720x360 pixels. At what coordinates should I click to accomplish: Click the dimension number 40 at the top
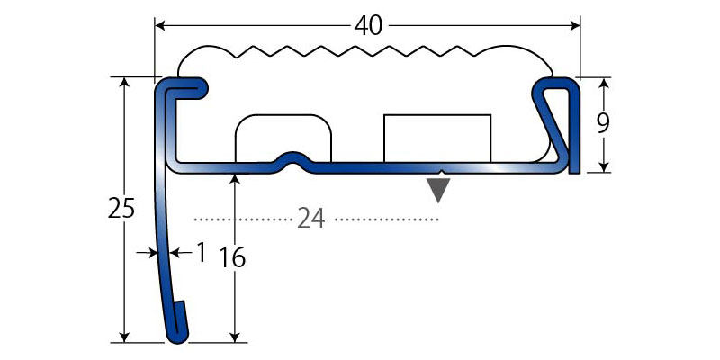[x=367, y=26]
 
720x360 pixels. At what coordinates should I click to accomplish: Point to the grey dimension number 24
[x=310, y=219]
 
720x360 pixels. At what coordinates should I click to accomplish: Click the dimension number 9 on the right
[x=603, y=123]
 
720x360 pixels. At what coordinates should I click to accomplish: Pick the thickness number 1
[x=201, y=253]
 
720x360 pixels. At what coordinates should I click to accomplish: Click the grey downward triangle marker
[x=437, y=190]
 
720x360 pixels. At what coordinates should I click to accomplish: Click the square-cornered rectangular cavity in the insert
[x=437, y=138]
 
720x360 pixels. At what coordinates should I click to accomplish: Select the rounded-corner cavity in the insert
[x=283, y=137]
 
